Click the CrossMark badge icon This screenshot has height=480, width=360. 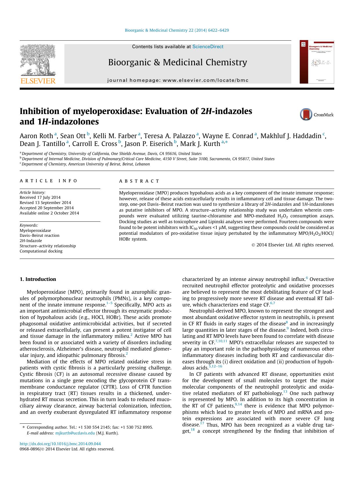pos(306,114)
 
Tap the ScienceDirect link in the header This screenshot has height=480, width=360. pos(208,46)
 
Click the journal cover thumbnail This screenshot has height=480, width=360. pos(317,62)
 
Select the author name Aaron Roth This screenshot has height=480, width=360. pos(36,136)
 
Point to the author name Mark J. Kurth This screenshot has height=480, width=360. pos(200,144)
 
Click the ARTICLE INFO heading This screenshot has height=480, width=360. pos(48,181)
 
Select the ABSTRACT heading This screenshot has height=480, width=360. pos(139,181)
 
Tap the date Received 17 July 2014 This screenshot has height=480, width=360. pos(40,197)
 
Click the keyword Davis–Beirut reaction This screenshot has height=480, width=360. pos(39,235)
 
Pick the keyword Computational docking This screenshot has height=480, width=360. pos(41,251)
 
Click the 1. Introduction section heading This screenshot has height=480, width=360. pos(38,279)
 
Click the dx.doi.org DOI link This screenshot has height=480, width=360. pos(60,444)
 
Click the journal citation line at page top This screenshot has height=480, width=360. pos(177,30)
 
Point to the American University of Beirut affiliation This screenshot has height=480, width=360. pos(86,164)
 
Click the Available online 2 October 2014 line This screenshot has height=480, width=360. pos(49,213)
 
